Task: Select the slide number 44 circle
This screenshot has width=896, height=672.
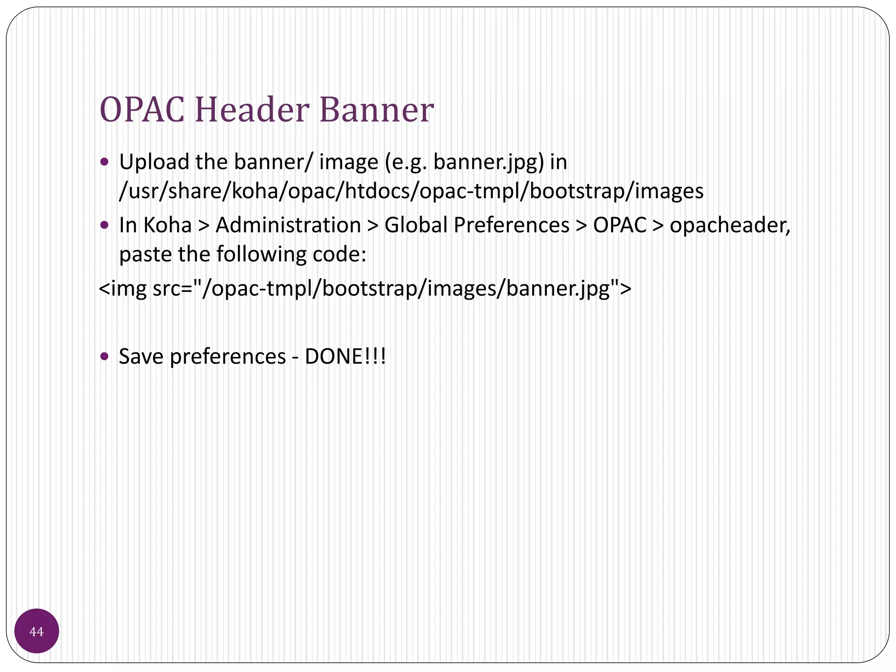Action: (37, 631)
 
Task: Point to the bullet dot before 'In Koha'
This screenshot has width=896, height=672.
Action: (104, 225)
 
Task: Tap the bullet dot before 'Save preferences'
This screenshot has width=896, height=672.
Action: (104, 356)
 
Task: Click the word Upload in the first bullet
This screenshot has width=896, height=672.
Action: (154, 162)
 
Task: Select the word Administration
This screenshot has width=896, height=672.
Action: (288, 225)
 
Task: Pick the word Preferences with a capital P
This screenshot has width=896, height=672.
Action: (511, 225)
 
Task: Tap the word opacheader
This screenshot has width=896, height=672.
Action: (729, 225)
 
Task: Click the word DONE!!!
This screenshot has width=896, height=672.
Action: (345, 356)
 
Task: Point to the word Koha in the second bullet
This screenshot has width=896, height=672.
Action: (168, 225)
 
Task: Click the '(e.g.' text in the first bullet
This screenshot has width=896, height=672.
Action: (405, 162)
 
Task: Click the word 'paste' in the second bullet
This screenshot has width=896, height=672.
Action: (144, 254)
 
